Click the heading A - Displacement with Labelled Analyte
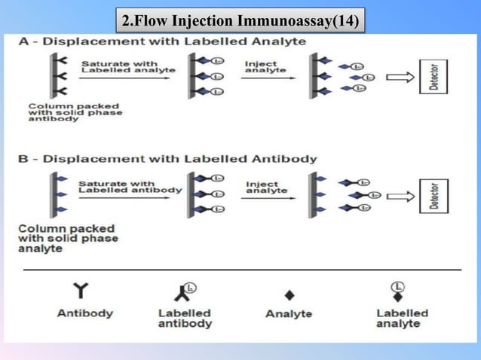click(162, 41)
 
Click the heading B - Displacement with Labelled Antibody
click(167, 159)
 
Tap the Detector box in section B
click(434, 197)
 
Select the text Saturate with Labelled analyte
click(127, 67)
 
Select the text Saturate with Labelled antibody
click(130, 186)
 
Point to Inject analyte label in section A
click(265, 67)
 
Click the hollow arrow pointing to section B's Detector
click(400, 197)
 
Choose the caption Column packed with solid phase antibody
click(75, 111)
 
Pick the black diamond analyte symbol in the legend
click(289, 295)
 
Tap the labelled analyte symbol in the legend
click(397, 291)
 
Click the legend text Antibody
click(85, 313)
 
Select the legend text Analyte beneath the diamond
click(289, 314)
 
